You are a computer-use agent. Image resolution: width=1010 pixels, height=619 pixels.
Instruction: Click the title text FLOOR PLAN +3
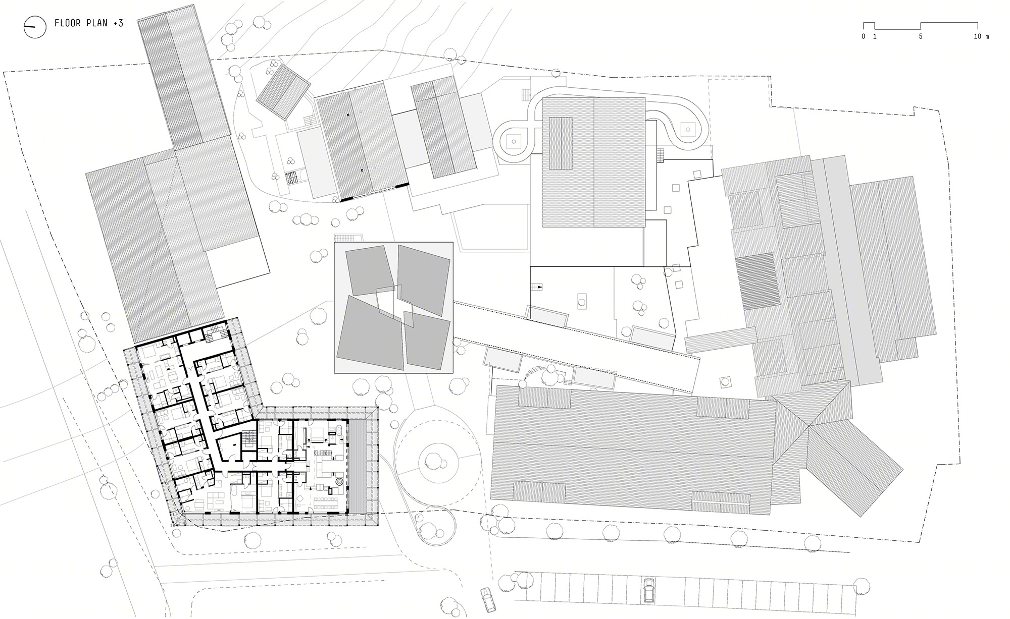click(89, 23)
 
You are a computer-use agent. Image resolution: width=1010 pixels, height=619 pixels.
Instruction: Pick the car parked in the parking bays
click(648, 590)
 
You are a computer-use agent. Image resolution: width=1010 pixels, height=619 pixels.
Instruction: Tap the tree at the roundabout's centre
click(432, 460)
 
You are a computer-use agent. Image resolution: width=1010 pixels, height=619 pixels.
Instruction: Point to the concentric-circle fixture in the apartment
click(340, 482)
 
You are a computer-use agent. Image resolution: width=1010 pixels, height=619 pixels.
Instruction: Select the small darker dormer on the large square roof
click(561, 143)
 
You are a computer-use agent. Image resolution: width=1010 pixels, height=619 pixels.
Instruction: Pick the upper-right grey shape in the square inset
click(423, 278)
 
